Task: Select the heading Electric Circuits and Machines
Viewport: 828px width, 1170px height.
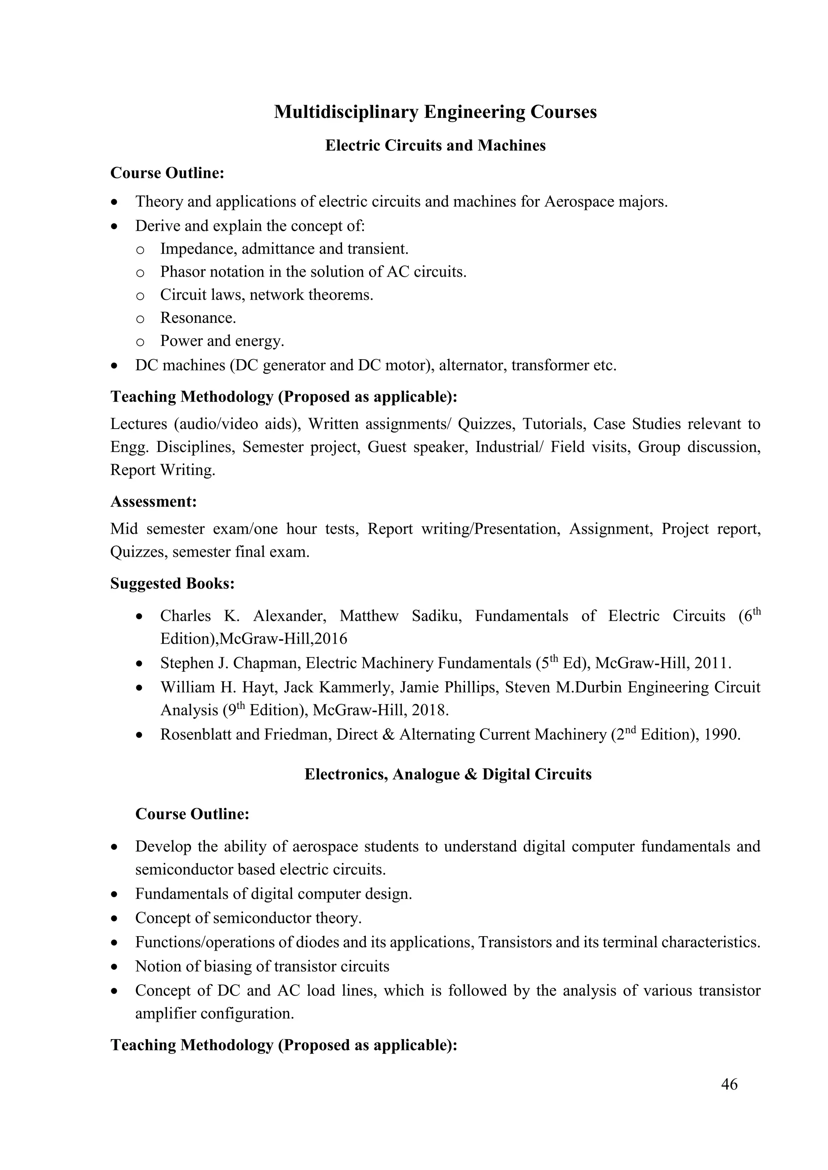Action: coord(435,146)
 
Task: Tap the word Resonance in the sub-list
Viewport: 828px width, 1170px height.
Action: coord(197,318)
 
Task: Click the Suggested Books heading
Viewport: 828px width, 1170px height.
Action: coord(172,583)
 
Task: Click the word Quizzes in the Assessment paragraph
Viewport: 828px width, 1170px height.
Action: coord(137,552)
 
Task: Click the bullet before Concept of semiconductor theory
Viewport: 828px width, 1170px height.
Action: coord(116,919)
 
